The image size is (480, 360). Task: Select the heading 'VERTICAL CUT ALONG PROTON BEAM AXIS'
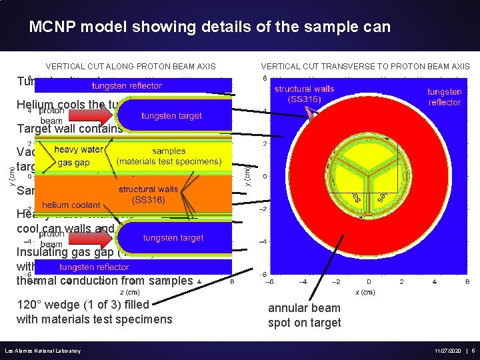(x=130, y=67)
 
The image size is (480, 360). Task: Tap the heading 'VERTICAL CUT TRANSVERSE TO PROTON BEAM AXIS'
(x=365, y=67)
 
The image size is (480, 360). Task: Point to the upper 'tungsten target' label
(x=171, y=116)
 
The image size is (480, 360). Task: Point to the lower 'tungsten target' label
(x=172, y=238)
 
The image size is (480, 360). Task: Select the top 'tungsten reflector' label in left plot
(x=127, y=85)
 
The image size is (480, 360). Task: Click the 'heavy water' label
(x=79, y=149)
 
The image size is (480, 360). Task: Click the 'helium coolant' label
(x=71, y=205)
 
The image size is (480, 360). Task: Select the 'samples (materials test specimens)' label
(x=169, y=156)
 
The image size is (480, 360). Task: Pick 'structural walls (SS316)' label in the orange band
(x=148, y=194)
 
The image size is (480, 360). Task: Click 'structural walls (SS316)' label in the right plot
(x=304, y=94)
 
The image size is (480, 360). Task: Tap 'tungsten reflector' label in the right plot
(x=444, y=97)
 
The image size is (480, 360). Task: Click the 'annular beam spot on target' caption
(x=304, y=315)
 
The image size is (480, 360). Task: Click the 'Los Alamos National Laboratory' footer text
(x=43, y=351)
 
